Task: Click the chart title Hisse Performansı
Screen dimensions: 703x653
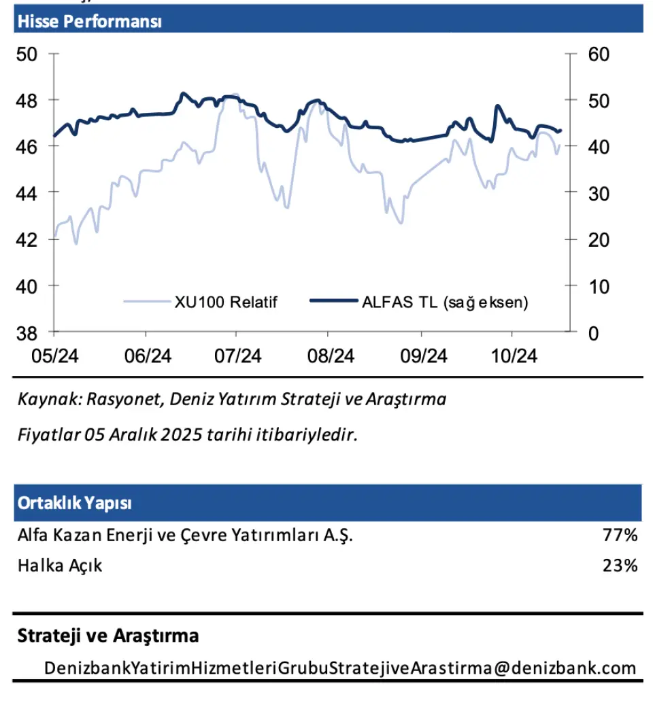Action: (89, 21)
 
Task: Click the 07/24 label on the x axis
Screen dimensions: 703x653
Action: (236, 356)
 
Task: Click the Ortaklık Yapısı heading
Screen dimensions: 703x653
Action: (75, 504)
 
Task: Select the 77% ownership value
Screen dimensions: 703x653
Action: (620, 536)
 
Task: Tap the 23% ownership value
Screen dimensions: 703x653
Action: (620, 565)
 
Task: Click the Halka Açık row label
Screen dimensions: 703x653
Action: (60, 565)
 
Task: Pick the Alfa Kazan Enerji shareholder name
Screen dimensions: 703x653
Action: (185, 536)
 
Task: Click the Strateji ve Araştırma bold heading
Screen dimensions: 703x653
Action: (108, 636)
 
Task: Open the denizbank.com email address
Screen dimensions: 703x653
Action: (340, 668)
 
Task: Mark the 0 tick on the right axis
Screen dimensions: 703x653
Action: (593, 333)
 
